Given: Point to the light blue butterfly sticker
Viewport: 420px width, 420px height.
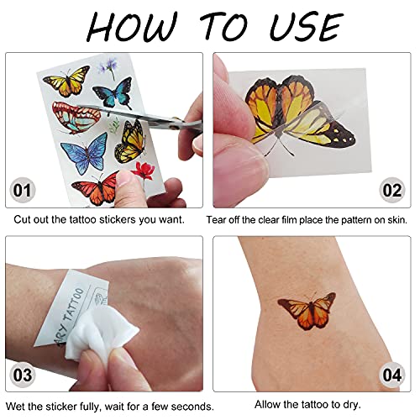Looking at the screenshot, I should pyautogui.click(x=85, y=154).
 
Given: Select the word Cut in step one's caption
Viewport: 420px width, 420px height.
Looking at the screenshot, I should pyautogui.click(x=23, y=220).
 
